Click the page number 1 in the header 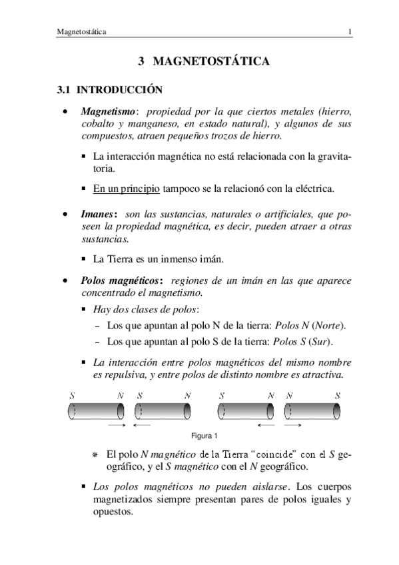coord(350,31)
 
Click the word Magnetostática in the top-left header coord(83,31)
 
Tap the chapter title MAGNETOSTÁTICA coord(212,62)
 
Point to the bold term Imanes coord(98,215)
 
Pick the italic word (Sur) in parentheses coord(320,342)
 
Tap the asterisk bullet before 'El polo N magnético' coord(95,456)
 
